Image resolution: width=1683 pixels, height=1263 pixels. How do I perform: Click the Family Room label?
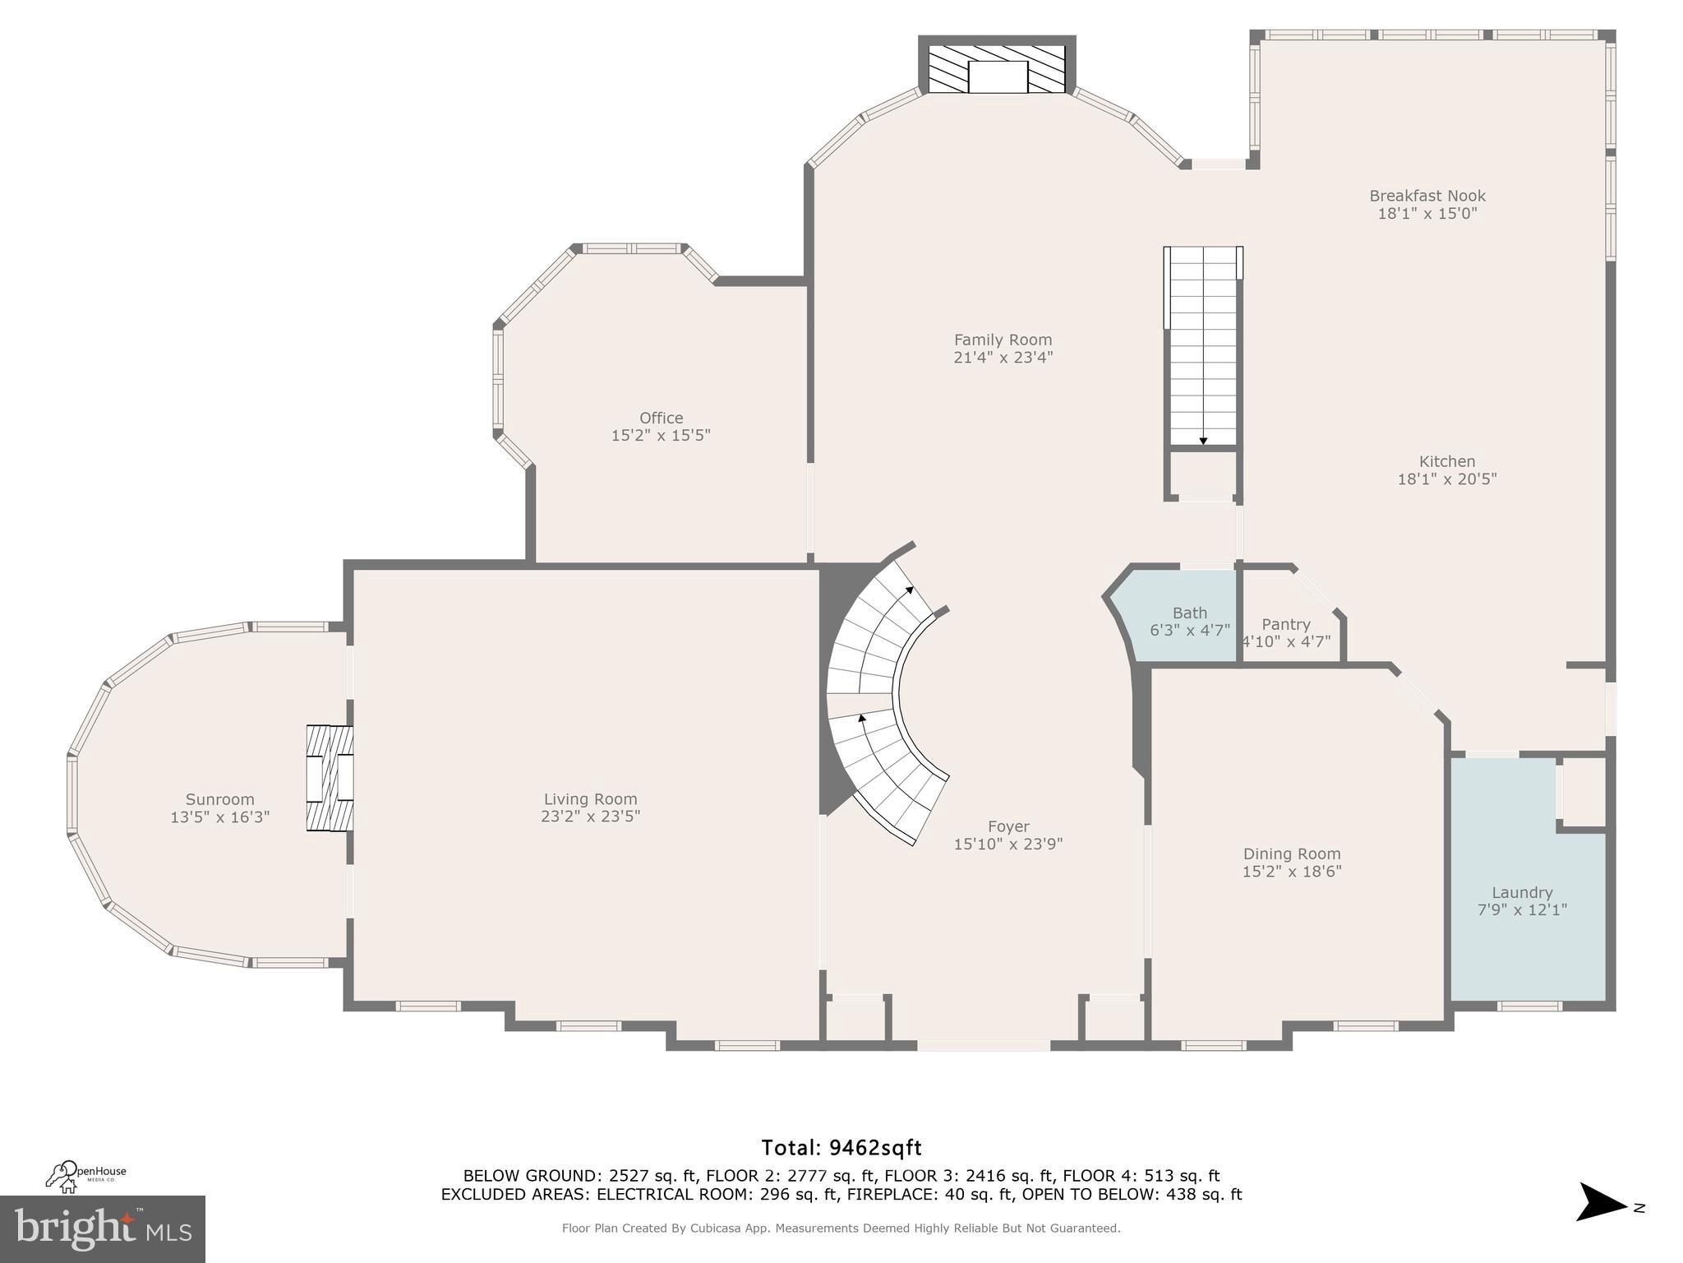[1003, 340]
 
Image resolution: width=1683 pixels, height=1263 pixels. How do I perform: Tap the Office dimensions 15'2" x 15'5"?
[661, 435]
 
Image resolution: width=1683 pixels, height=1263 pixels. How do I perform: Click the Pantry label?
[1285, 624]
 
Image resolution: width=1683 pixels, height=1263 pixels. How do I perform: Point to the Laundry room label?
[1522, 892]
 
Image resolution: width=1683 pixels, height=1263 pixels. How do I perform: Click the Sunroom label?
[219, 799]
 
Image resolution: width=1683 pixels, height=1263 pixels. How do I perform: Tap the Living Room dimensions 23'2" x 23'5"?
[590, 817]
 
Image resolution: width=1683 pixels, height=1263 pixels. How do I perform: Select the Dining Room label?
[1291, 854]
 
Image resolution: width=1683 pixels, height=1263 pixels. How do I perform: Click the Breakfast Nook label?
[1427, 196]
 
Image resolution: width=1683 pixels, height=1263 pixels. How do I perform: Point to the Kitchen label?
[1446, 461]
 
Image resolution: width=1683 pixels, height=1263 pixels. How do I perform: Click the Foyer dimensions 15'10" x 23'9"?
[1007, 844]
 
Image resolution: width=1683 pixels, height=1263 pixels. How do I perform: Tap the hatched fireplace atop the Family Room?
[997, 69]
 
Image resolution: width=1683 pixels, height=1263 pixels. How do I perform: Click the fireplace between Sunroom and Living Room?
[330, 778]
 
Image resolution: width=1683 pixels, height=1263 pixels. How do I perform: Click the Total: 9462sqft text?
[841, 1147]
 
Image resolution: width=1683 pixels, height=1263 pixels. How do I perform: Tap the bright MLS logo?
[102, 1228]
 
